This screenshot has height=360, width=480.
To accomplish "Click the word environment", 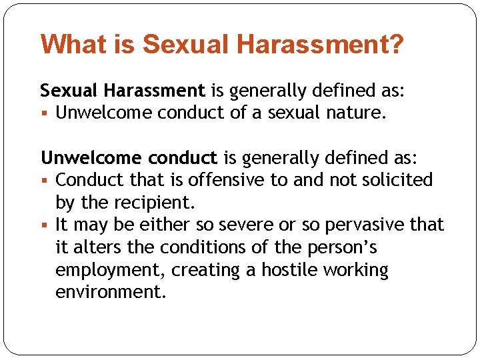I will coord(110,292).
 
